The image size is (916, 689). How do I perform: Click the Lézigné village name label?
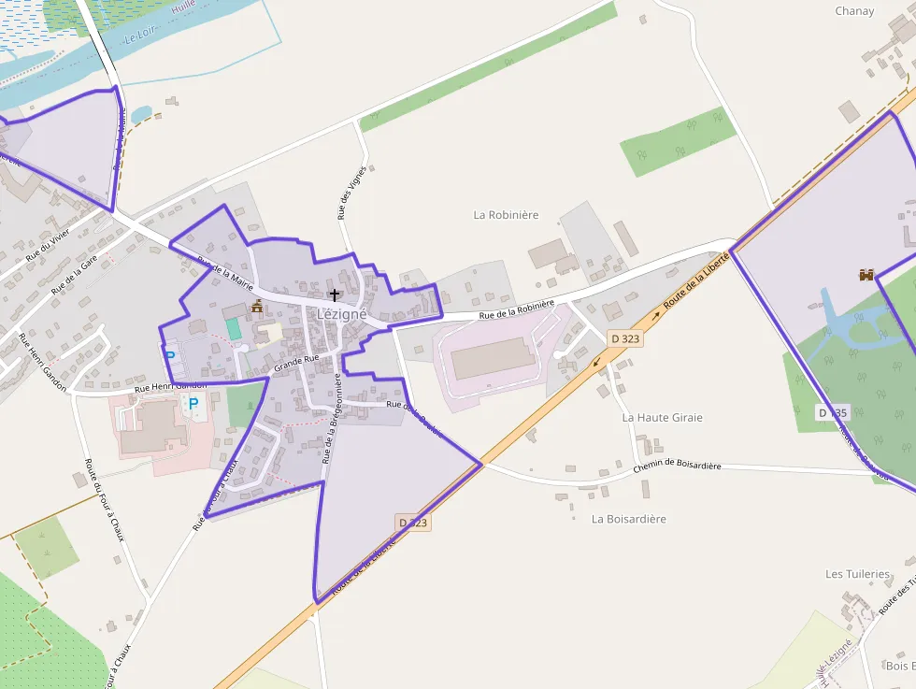click(341, 315)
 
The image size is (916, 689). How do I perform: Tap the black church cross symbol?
click(335, 294)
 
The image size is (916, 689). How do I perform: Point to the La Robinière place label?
click(506, 215)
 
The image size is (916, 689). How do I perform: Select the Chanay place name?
click(854, 11)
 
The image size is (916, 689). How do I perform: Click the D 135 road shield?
click(832, 412)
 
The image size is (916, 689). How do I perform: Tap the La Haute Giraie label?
click(662, 418)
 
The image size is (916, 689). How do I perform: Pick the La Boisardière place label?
click(629, 519)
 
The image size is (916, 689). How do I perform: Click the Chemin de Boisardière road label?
click(678, 467)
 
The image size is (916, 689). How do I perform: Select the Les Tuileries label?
click(857, 574)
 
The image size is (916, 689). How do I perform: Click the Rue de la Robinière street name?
click(517, 310)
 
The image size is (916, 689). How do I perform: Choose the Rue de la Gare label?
click(74, 276)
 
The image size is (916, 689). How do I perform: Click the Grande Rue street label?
click(296, 358)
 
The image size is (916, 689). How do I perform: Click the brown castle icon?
click(866, 275)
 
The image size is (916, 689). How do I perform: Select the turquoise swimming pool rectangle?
click(234, 329)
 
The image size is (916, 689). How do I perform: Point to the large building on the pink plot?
click(493, 359)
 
